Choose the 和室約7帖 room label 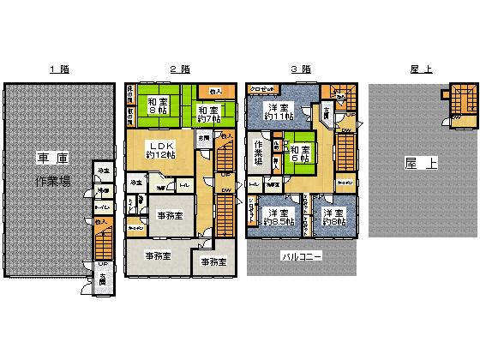click(207, 114)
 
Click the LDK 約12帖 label click(162, 151)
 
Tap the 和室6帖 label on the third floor click(301, 152)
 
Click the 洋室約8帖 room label click(334, 218)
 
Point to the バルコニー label click(301, 256)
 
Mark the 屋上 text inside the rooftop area click(421, 163)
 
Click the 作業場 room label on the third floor click(258, 152)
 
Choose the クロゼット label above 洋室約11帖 click(262, 88)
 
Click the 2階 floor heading click(179, 69)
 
